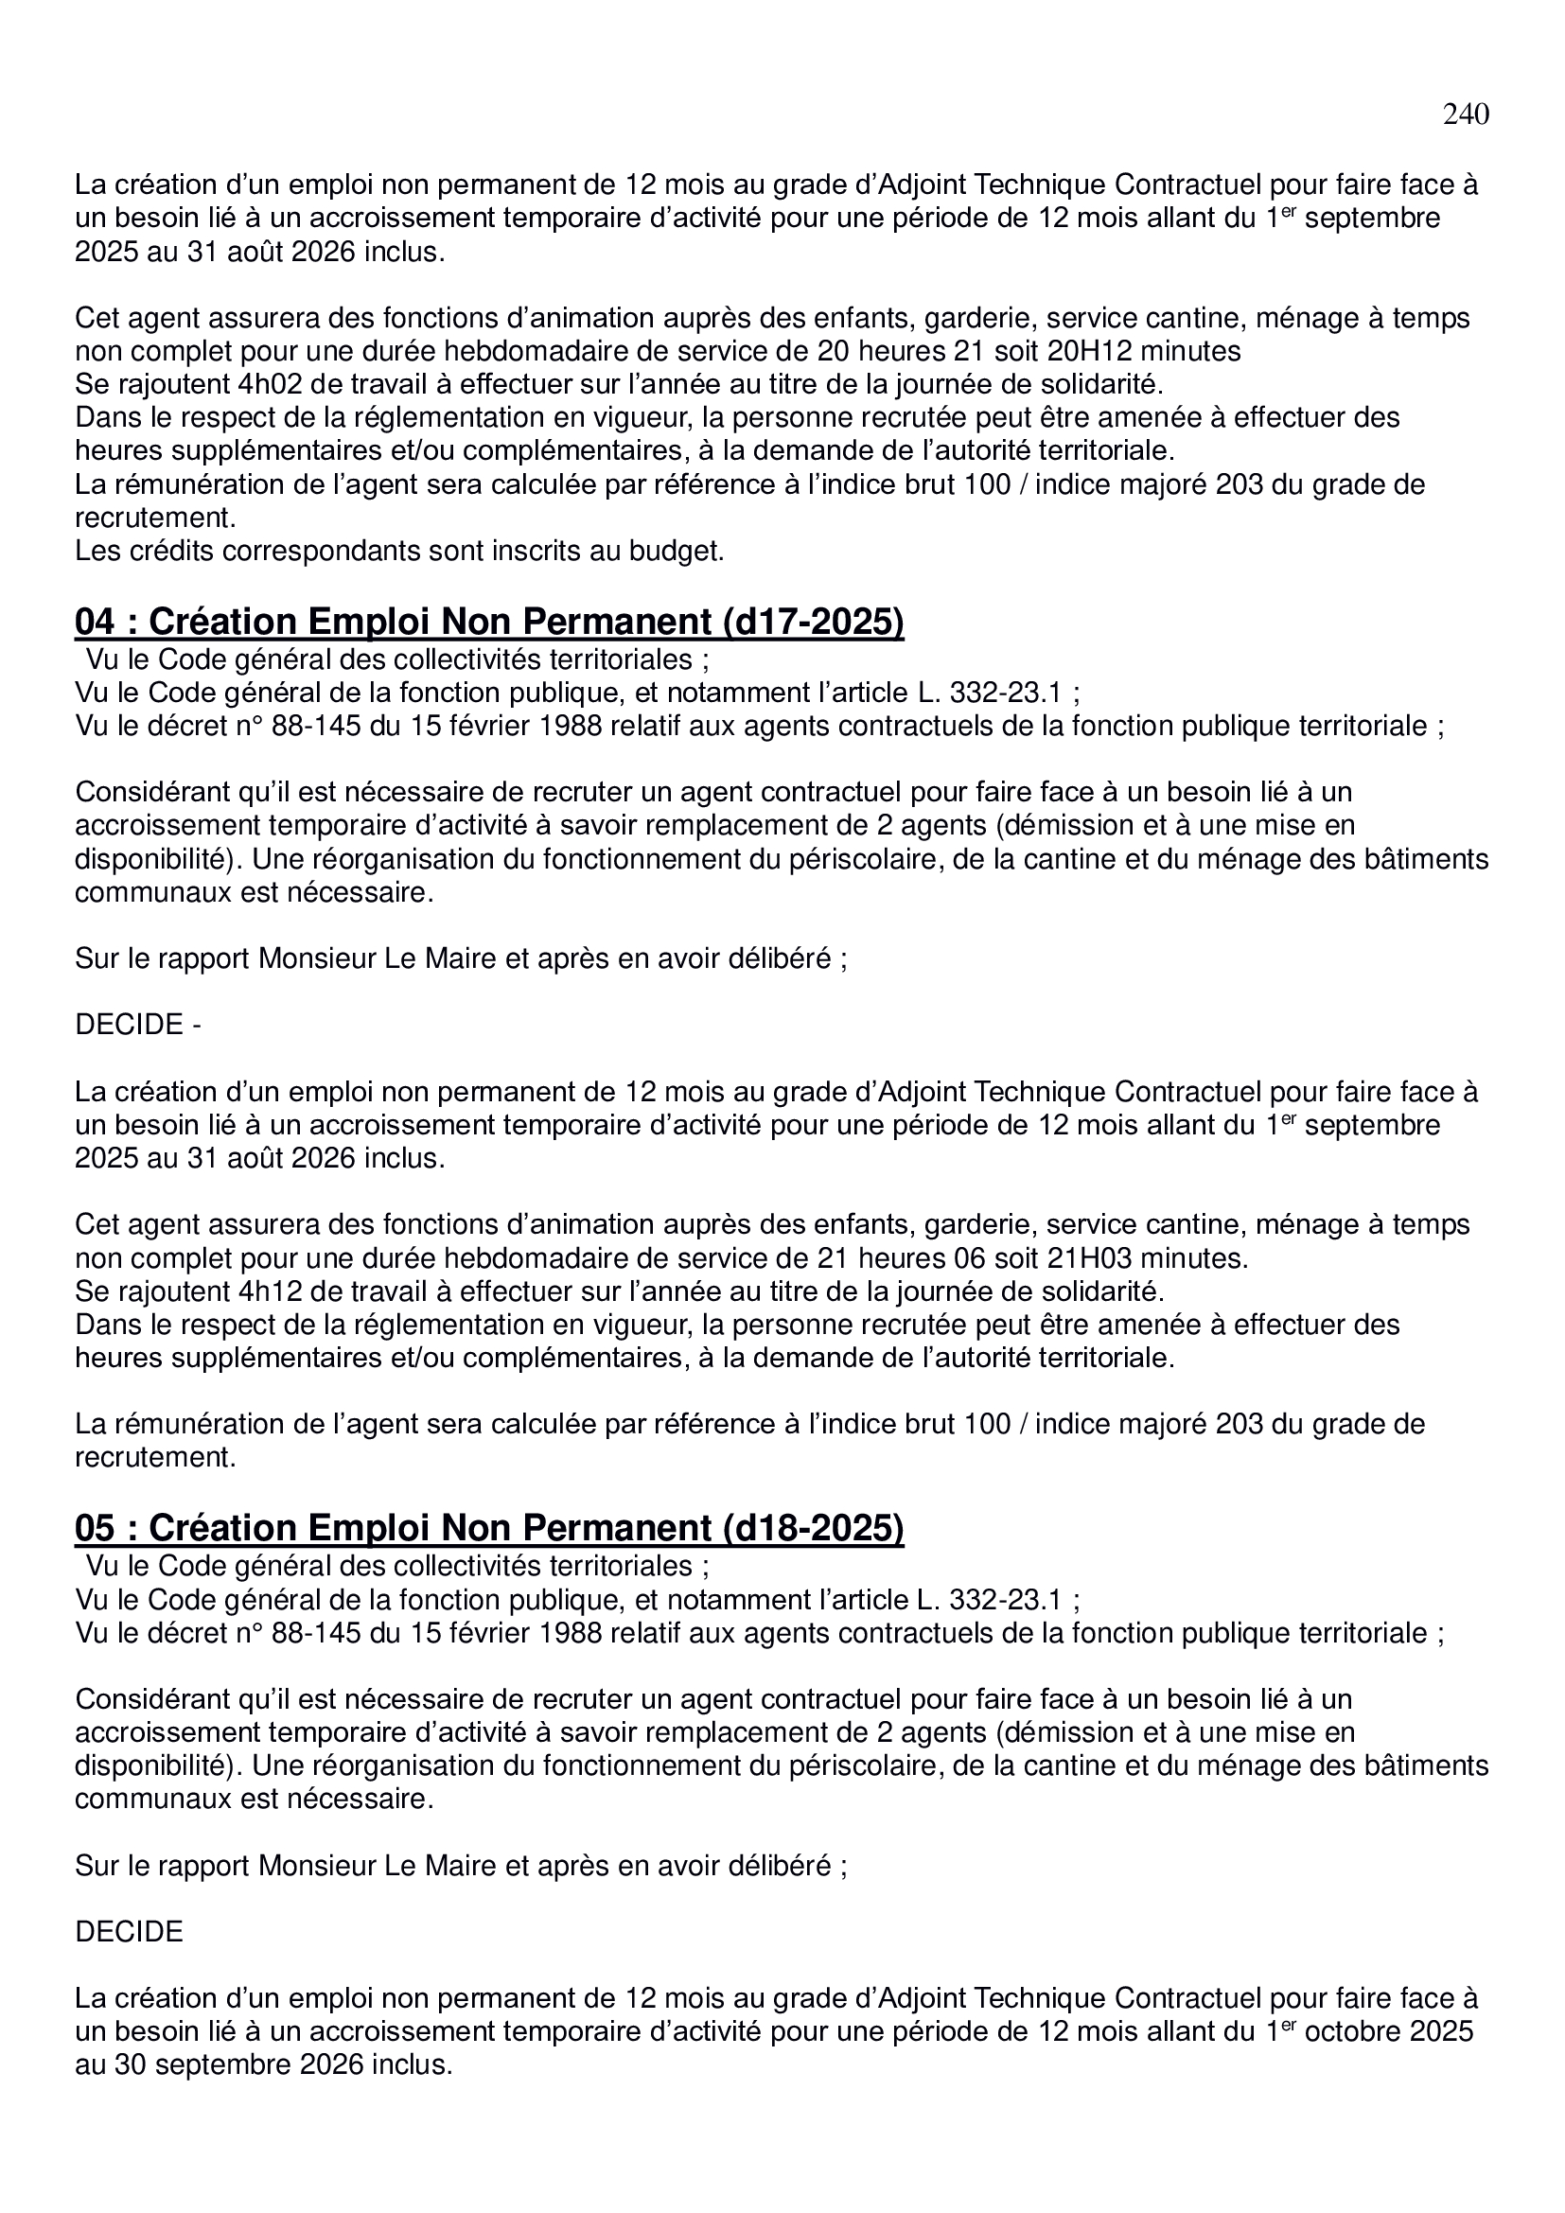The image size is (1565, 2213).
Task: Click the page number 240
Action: coord(1465,114)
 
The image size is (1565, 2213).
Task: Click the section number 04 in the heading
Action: coord(94,623)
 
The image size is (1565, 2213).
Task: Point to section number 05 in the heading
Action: coord(94,1530)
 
